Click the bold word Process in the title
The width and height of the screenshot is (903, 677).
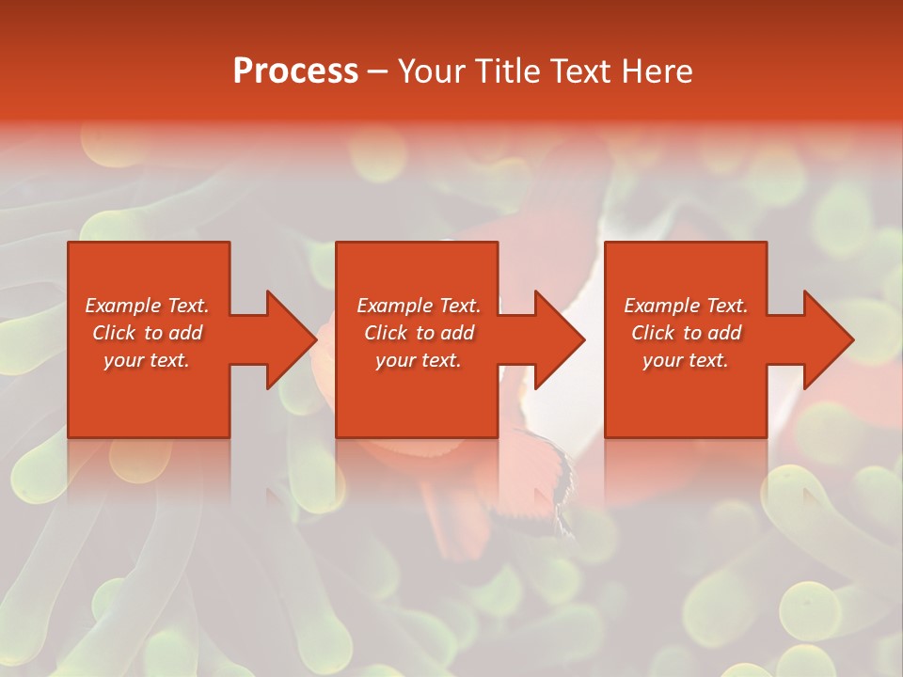click(295, 71)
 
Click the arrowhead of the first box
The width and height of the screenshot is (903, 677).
click(290, 339)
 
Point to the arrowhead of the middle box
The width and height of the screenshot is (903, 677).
click(558, 339)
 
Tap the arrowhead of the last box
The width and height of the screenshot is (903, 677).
click(827, 339)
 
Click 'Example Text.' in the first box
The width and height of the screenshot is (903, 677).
click(147, 306)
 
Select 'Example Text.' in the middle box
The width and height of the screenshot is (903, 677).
click(419, 306)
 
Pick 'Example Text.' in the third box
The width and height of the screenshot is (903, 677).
click(686, 306)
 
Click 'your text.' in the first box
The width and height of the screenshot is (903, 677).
click(147, 360)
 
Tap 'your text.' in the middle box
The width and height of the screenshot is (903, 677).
click(419, 360)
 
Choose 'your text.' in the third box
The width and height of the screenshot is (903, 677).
click(686, 360)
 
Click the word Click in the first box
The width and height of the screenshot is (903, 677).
click(114, 333)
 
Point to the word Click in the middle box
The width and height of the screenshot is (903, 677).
click(386, 333)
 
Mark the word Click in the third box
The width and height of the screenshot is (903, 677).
click(653, 333)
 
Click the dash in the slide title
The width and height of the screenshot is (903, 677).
click(377, 71)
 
